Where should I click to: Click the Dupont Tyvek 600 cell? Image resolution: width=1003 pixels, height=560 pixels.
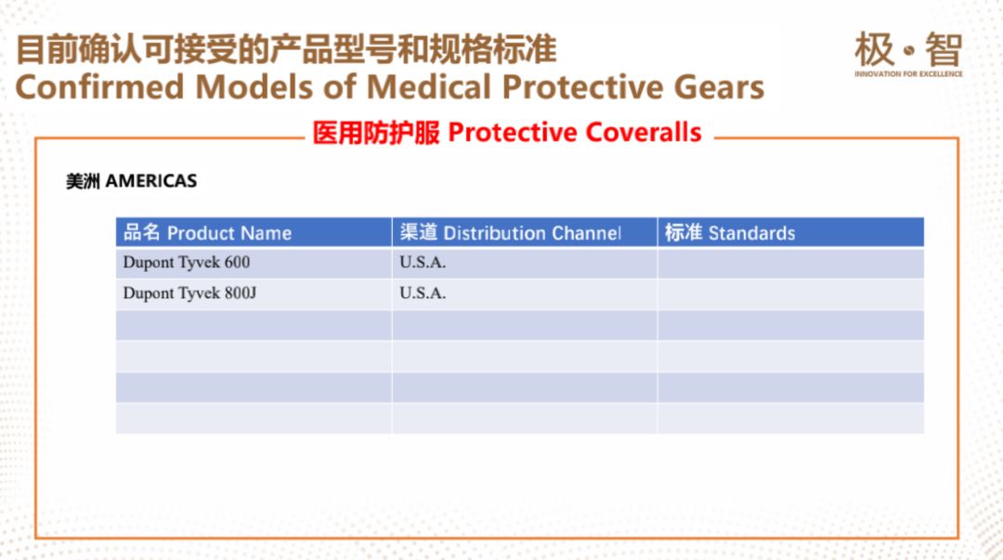click(254, 263)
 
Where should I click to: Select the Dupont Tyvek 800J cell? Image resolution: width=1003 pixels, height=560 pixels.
click(254, 293)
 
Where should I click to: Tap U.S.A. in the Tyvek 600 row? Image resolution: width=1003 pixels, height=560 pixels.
click(423, 263)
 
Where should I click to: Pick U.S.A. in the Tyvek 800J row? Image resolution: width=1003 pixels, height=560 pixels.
click(423, 293)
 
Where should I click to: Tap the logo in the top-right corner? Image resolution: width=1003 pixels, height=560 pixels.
click(908, 54)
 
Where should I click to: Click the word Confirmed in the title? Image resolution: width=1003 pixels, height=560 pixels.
click(99, 87)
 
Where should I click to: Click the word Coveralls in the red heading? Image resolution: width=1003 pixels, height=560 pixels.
click(643, 133)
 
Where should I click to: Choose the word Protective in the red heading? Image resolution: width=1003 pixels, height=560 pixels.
click(513, 133)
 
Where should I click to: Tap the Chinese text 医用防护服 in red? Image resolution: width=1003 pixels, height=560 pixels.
click(376, 133)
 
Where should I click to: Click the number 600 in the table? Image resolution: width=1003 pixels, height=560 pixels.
click(237, 263)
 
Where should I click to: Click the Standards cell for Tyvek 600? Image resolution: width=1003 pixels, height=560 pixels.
click(790, 263)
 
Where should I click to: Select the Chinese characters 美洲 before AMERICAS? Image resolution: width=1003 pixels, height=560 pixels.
click(84, 181)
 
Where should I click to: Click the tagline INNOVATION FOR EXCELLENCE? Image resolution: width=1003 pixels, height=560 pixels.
click(908, 74)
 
